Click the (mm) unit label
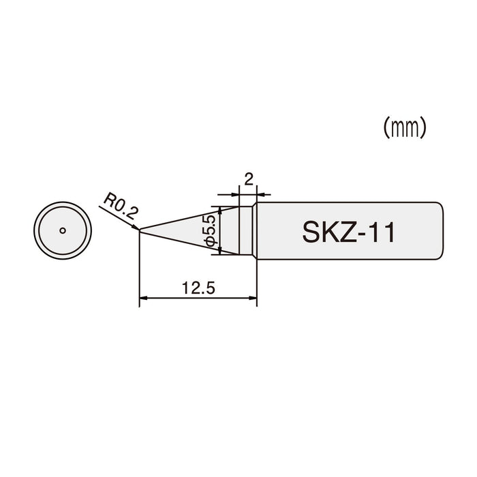tap(405, 127)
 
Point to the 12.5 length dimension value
tap(198, 288)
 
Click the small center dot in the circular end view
tap(62, 230)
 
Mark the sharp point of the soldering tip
tap(140, 230)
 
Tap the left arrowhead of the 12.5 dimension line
tap(143, 298)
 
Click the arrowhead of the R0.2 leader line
tap(136, 228)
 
